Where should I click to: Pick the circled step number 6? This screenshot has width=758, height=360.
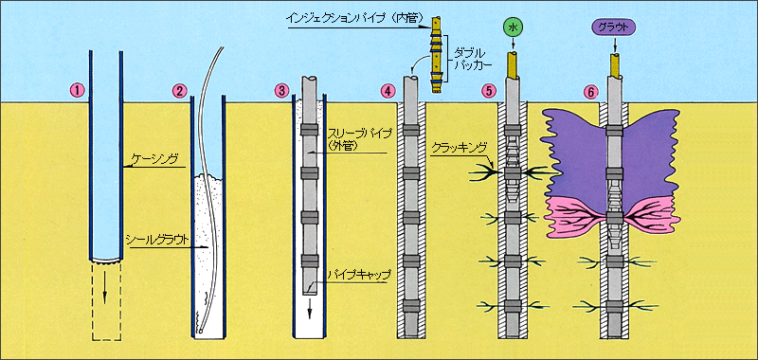(591, 91)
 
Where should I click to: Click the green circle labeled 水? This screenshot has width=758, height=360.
(514, 28)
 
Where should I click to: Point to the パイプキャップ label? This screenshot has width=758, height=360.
(357, 275)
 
